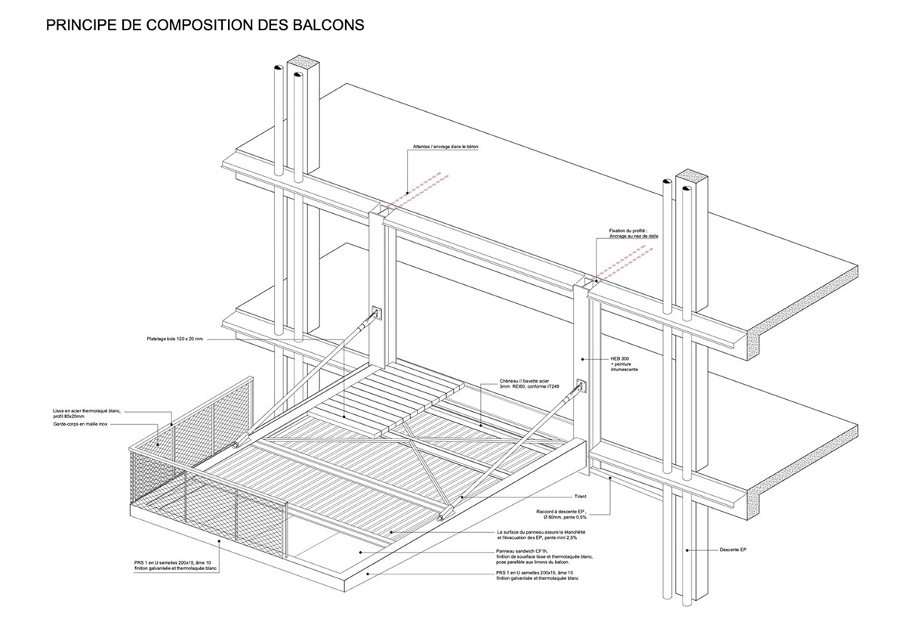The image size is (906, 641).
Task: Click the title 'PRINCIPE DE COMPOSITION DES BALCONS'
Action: [205, 25]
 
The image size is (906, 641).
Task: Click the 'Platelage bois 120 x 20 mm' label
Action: [175, 339]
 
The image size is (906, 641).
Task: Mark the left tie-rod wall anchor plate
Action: [376, 312]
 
